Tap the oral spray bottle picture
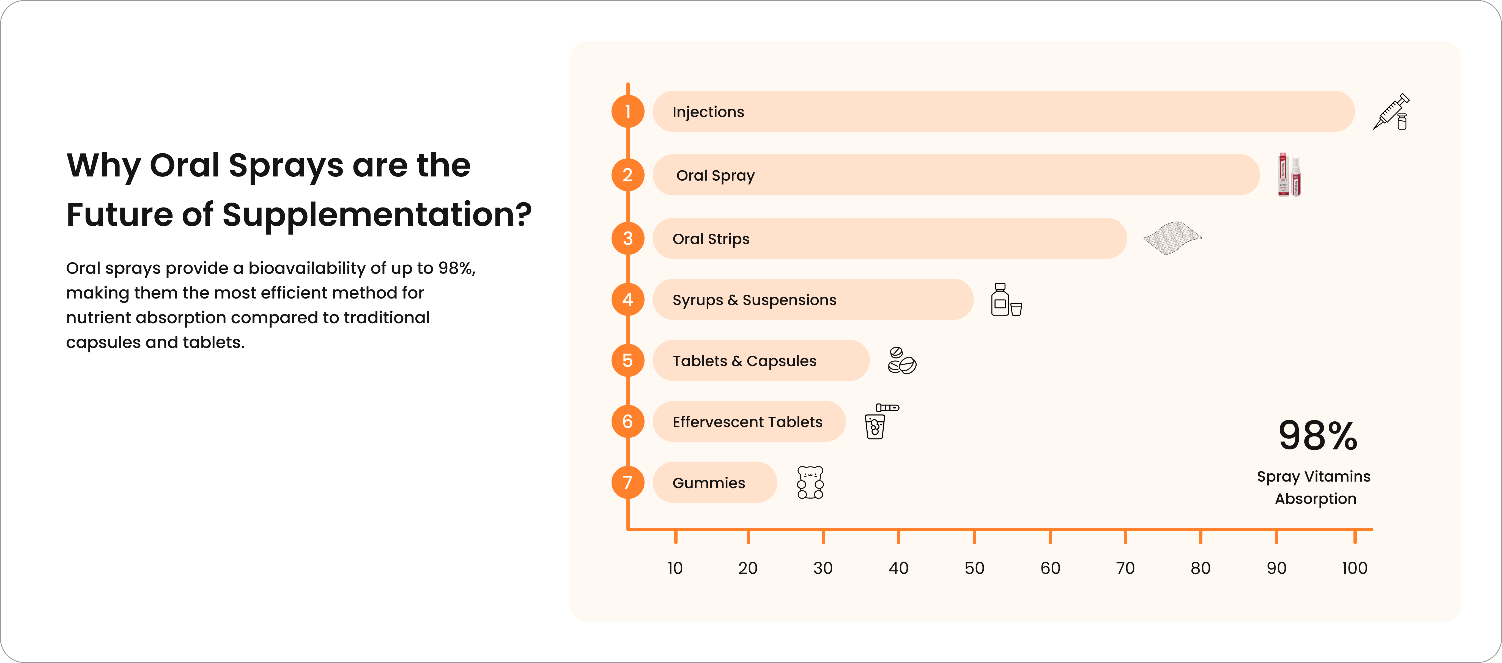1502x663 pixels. (1289, 175)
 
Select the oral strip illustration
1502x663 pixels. (1172, 238)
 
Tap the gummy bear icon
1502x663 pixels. (810, 482)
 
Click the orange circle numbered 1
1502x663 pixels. (628, 111)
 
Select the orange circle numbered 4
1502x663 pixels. (628, 299)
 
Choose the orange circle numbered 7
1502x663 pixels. (628, 482)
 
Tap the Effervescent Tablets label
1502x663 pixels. (747, 422)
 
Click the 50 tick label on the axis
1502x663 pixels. (974, 568)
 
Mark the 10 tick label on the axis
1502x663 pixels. (675, 568)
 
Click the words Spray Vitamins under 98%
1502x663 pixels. (1314, 477)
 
